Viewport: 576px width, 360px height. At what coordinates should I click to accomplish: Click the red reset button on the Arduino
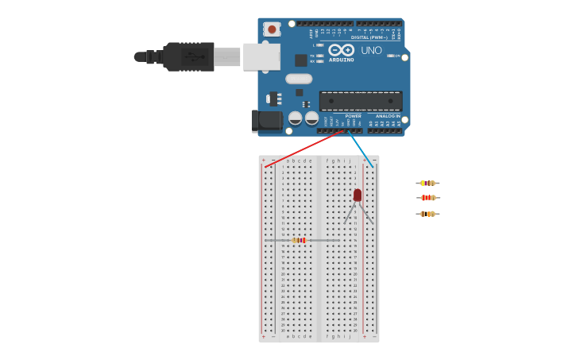click(273, 29)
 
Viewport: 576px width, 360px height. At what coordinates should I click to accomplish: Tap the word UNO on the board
click(371, 50)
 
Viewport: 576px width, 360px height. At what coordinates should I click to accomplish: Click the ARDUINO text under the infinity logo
click(342, 60)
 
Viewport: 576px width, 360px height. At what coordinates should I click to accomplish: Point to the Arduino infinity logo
click(341, 49)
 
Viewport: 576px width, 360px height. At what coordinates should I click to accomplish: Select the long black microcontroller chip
click(361, 101)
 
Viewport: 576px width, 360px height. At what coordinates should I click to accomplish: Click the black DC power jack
click(265, 120)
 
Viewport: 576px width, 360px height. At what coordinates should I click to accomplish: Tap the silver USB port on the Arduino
click(261, 56)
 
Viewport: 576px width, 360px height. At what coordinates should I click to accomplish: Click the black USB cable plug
click(188, 56)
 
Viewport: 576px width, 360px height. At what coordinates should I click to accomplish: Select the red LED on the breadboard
click(358, 195)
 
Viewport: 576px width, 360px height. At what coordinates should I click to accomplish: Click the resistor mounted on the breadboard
click(299, 240)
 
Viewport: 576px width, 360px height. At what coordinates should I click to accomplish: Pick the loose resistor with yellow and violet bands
click(427, 184)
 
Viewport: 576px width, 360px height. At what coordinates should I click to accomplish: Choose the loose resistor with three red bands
click(427, 198)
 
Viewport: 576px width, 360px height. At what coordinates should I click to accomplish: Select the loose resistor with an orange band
click(427, 214)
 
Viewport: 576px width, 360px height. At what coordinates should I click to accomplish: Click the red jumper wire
click(306, 148)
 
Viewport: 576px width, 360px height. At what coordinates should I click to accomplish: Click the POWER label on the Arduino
click(353, 116)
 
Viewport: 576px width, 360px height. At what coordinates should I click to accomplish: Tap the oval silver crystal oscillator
click(299, 79)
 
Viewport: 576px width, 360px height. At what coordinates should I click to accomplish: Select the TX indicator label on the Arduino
click(312, 56)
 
